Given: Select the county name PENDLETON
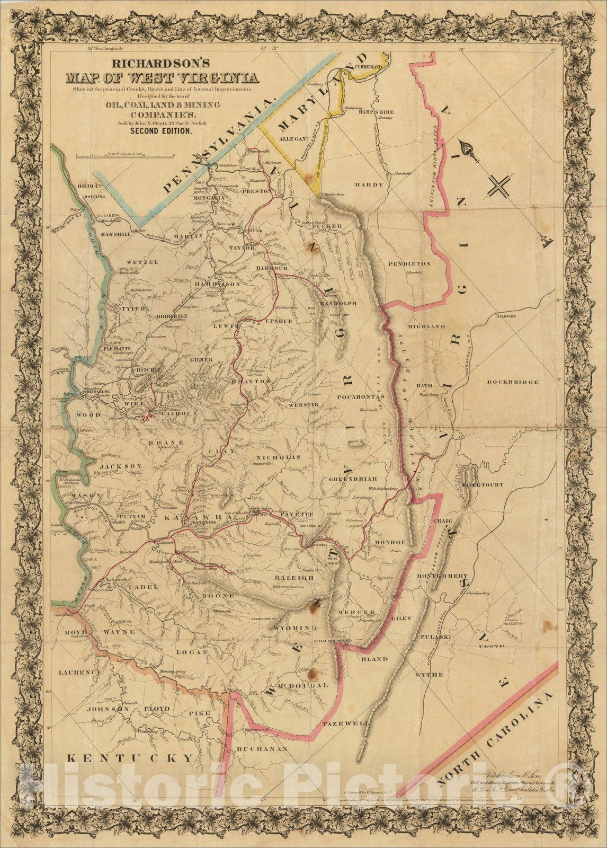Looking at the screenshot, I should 409,263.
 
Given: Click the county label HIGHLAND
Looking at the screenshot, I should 426,327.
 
